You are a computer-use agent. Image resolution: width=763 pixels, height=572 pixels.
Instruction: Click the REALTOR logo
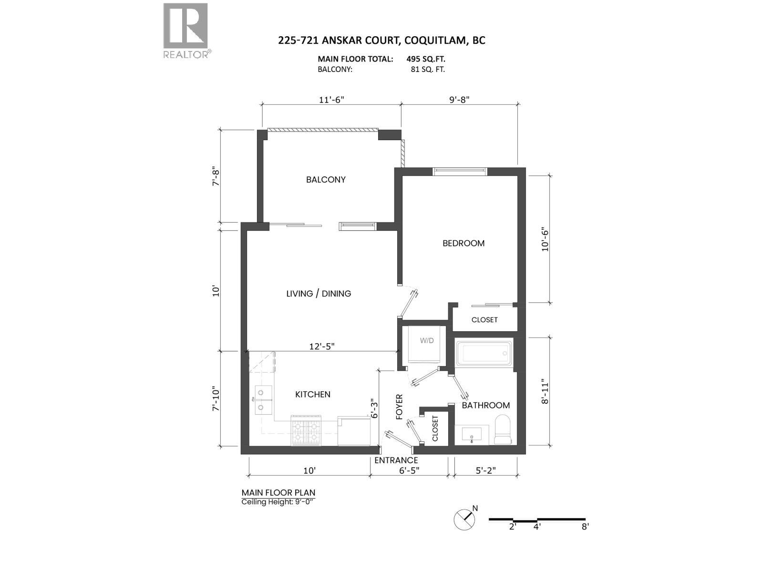tap(186, 30)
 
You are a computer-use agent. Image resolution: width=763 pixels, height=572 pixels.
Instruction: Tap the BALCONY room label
tap(326, 180)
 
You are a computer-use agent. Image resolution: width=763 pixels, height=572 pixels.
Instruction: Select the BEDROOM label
tap(463, 243)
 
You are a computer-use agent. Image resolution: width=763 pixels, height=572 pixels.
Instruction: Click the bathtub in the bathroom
tap(484, 353)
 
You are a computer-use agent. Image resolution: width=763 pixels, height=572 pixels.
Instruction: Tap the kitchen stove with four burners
tap(306, 430)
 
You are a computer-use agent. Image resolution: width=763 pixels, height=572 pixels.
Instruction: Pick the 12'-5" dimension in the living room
tap(322, 347)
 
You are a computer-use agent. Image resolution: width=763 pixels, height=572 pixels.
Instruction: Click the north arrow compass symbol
tap(465, 519)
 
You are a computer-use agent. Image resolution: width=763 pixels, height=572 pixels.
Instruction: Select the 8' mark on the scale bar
tap(585, 527)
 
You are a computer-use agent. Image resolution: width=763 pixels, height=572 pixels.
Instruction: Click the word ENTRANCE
tap(396, 460)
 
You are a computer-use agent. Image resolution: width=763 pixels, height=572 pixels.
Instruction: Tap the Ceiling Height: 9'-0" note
tap(278, 502)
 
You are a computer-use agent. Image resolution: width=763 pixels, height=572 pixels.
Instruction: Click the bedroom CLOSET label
tap(484, 320)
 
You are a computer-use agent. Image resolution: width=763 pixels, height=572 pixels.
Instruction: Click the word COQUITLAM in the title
tap(435, 40)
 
